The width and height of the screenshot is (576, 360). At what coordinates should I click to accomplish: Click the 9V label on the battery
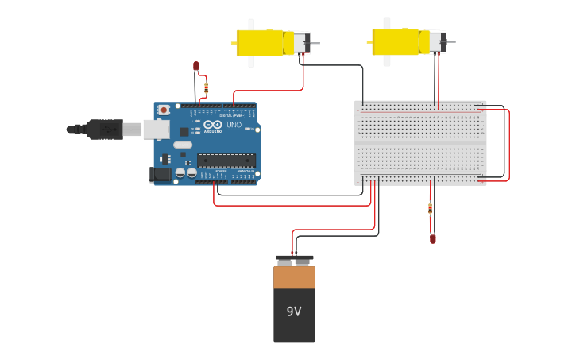pos(294,312)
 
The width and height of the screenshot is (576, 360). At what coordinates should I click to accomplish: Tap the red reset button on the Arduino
pos(164,110)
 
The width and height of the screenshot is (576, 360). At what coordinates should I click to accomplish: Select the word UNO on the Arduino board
pos(234,126)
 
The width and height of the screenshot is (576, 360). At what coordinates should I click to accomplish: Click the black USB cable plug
pos(103,129)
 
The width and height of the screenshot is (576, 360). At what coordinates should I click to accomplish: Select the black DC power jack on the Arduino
pos(161,174)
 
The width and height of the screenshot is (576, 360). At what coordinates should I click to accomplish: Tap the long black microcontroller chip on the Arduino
pos(226,161)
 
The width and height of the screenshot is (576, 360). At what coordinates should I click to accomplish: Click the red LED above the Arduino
pos(196,66)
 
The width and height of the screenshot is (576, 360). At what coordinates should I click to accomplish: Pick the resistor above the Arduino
pos(207,87)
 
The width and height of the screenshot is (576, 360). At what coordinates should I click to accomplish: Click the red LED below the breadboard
pos(433,238)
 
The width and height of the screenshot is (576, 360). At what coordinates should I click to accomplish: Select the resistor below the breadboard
pos(431,209)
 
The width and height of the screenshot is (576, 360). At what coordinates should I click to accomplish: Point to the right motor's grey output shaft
pos(451,41)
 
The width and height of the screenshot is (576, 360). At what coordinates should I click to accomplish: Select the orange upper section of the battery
pos(294,277)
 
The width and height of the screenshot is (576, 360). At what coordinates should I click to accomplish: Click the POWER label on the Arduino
pos(221,171)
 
